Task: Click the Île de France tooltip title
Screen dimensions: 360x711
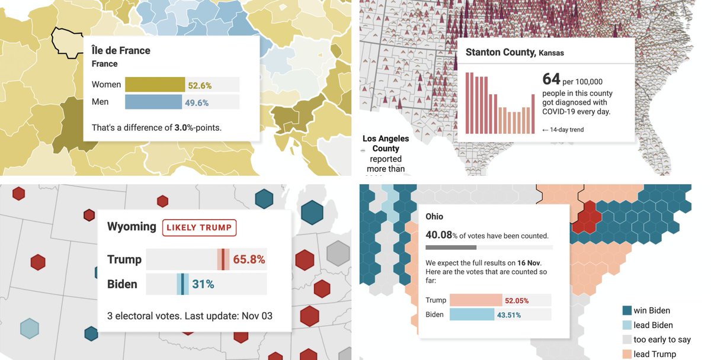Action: [121, 51]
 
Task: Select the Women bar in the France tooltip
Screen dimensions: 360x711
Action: [155, 85]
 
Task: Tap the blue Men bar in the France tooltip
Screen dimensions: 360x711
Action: [153, 102]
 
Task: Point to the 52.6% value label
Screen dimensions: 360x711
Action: [200, 85]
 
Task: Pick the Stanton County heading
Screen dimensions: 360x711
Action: [499, 52]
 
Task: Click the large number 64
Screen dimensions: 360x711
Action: [551, 79]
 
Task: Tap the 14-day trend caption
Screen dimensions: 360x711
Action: [563, 130]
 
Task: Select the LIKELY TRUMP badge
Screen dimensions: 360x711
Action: [200, 227]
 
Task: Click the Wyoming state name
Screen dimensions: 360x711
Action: [132, 227]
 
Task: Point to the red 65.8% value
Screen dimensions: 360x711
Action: [249, 259]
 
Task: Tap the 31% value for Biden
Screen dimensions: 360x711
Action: [203, 284]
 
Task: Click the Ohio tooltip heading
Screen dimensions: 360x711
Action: [434, 217]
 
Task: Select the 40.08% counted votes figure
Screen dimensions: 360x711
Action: [439, 235]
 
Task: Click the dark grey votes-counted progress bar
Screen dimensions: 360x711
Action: [451, 247]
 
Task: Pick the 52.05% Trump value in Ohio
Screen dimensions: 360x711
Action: [517, 301]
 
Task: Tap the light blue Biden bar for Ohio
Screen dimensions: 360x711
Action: [472, 315]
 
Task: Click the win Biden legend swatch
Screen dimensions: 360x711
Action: [626, 310]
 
